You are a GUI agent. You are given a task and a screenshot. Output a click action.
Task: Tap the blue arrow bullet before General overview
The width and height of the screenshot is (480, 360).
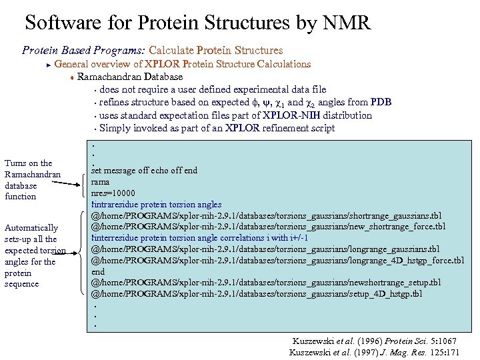click(48, 65)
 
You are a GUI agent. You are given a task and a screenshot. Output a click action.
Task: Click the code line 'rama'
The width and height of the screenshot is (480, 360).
click(100, 181)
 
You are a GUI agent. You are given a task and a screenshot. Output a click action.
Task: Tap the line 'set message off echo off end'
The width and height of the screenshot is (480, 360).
click(144, 170)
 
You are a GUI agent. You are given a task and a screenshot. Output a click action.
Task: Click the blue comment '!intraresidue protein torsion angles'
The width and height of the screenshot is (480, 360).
click(156, 204)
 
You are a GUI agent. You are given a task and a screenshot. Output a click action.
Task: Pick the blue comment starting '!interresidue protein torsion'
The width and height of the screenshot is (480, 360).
click(199, 237)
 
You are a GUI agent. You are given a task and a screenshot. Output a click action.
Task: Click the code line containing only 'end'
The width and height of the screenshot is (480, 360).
click(98, 271)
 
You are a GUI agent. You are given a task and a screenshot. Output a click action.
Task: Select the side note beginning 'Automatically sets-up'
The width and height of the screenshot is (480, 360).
click(35, 255)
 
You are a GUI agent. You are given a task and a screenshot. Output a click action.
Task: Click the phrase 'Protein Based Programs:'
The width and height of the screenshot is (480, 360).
click(84, 50)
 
